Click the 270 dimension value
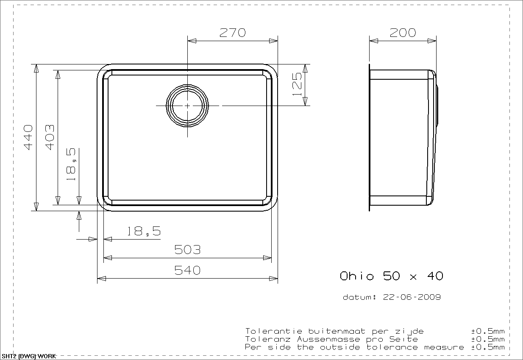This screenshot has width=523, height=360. point(233,33)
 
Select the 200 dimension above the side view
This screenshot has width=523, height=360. point(403,33)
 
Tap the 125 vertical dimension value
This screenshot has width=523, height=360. point(297,84)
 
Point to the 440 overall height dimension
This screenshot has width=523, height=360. point(28,137)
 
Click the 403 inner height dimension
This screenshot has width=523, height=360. point(50,137)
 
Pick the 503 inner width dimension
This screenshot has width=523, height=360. point(187,250)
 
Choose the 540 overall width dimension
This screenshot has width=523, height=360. point(187,270)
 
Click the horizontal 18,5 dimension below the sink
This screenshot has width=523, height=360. point(144,231)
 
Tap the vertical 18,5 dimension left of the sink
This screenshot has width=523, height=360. point(71,164)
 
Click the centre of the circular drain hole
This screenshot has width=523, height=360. point(187,106)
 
